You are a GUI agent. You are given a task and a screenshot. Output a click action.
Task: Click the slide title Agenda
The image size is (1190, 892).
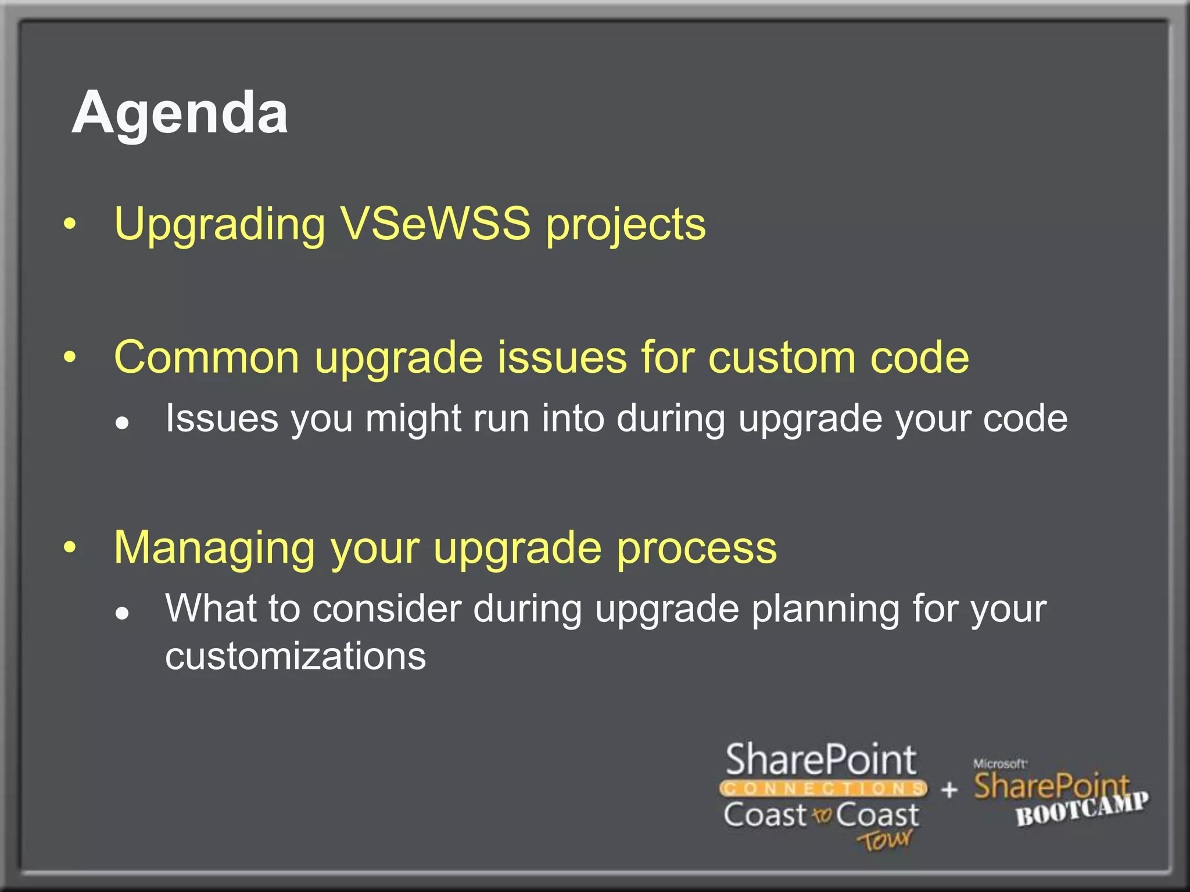180,113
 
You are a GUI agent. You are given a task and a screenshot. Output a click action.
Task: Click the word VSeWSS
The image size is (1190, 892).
435,224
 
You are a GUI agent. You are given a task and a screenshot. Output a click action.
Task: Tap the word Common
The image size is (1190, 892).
206,357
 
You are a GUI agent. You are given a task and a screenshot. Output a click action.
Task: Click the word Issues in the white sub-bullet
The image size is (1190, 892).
221,418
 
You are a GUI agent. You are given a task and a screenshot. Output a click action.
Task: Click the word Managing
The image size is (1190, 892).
214,549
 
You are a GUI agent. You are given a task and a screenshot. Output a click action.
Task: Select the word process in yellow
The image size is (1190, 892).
697,549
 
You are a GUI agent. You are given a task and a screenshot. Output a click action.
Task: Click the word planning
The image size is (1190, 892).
825,610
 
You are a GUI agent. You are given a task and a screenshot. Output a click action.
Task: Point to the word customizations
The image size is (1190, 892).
295,656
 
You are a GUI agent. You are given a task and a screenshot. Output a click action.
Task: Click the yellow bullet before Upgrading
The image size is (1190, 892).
70,225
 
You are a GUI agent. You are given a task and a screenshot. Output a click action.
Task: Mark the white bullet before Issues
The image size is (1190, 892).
122,423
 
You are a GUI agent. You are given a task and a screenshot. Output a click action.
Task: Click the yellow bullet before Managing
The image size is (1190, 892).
70,547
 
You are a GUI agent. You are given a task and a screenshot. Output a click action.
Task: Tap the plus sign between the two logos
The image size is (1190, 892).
949,790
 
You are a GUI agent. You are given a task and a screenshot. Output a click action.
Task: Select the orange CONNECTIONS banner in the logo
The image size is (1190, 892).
823,789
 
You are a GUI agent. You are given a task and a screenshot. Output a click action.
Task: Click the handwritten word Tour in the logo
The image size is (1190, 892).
884,840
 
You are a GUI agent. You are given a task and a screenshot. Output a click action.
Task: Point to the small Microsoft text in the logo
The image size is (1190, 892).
999,764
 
